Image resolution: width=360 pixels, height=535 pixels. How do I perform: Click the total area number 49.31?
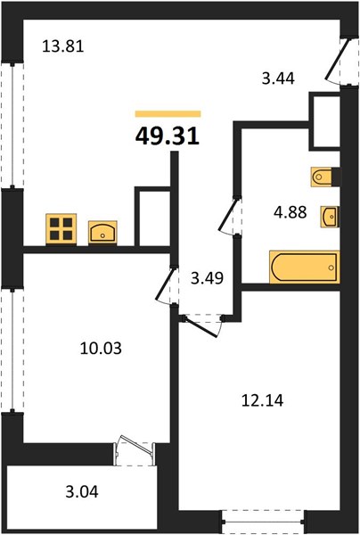click(x=168, y=136)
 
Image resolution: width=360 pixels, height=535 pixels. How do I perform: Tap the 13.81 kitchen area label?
click(x=63, y=46)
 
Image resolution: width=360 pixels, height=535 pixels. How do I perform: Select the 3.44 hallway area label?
click(x=278, y=78)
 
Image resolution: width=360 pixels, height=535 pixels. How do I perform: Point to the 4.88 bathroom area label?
click(x=290, y=212)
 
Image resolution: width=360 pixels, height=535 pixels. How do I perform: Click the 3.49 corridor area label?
click(x=208, y=278)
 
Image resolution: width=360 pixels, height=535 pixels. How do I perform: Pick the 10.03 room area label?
click(x=101, y=349)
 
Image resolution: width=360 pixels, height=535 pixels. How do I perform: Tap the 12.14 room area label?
click(x=263, y=400)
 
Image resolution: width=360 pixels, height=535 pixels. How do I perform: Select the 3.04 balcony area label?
click(x=82, y=492)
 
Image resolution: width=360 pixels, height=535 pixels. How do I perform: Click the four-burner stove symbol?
click(x=61, y=229)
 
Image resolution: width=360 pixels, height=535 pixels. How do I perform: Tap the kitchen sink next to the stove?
click(x=102, y=233)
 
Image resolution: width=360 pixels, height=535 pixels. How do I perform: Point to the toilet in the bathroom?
click(x=322, y=177)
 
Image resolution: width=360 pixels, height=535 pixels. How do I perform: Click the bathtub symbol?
click(x=305, y=267)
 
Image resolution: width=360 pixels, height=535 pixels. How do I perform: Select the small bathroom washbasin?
click(x=329, y=217)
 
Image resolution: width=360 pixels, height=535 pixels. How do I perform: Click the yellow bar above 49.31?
click(x=168, y=113)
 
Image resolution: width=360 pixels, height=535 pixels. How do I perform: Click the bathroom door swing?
click(x=228, y=215)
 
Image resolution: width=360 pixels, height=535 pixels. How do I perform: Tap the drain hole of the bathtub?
click(x=331, y=267)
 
